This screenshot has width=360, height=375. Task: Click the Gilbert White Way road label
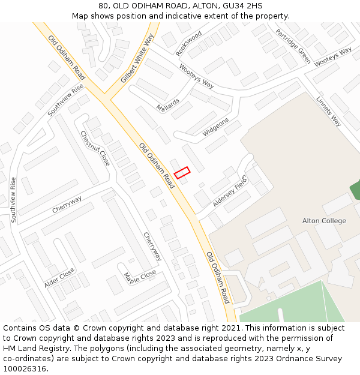pos(137,58)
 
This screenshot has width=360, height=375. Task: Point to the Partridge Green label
pos(293,46)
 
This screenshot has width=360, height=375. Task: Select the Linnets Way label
pos(328,112)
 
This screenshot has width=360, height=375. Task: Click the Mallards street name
pos(168,105)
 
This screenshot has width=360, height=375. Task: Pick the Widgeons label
pos(215,127)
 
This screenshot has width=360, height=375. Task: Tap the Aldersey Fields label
pos(230,195)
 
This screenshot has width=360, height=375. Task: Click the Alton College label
pos(324,221)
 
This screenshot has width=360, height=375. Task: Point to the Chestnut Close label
pos(95,149)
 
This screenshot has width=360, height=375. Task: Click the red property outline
pos(182,173)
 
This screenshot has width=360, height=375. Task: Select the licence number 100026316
pos(25,369)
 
